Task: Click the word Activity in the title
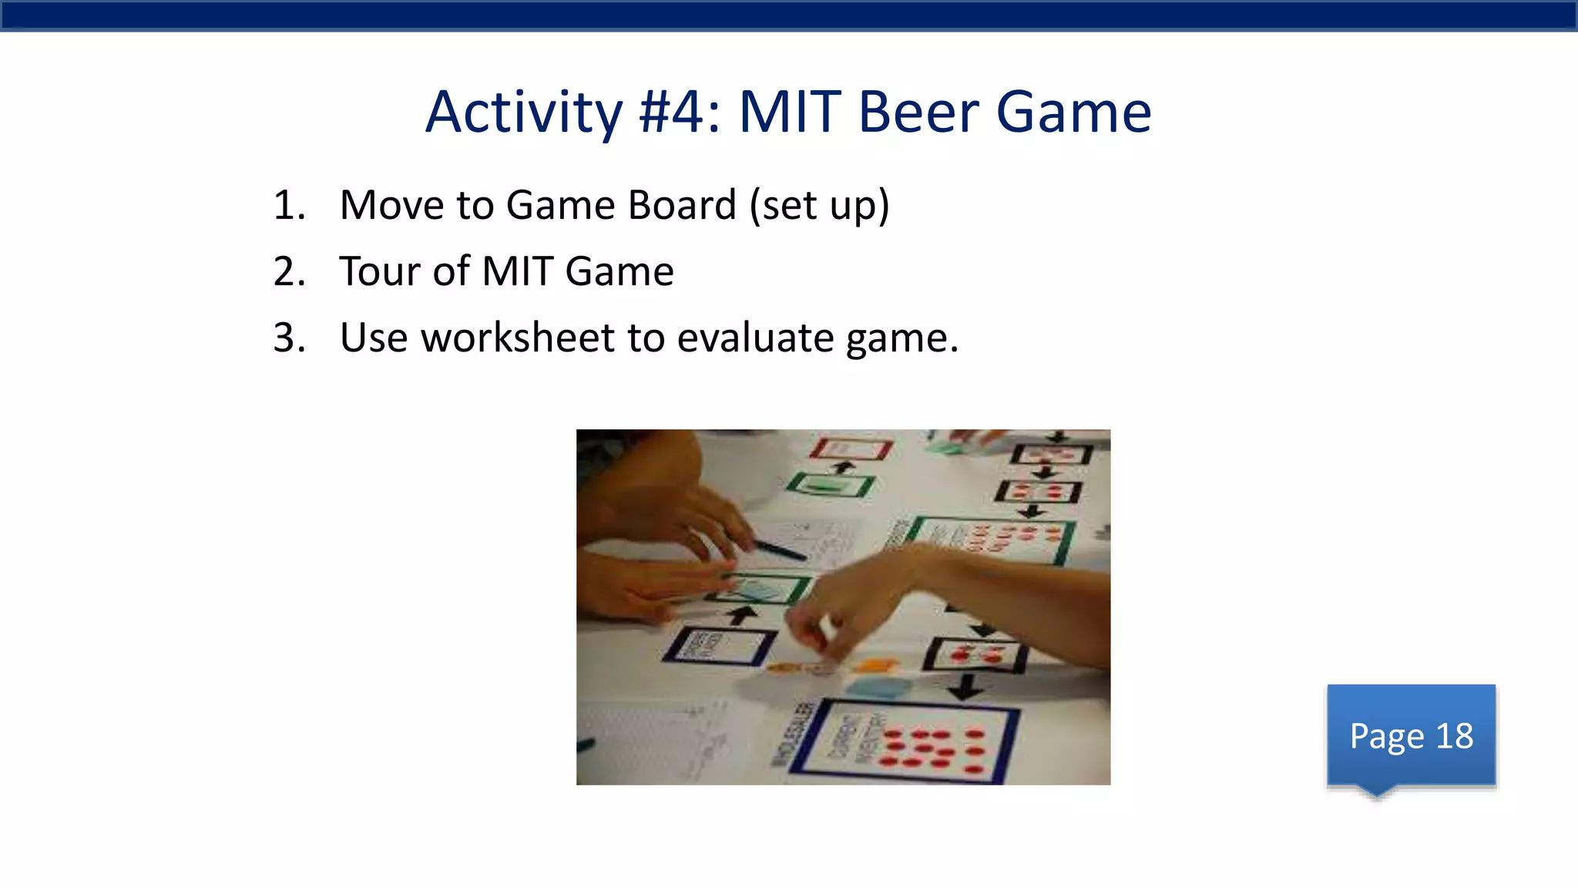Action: point(523,113)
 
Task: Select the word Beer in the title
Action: point(918,113)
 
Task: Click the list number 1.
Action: point(289,206)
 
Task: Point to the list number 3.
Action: point(289,338)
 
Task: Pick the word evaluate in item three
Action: point(754,338)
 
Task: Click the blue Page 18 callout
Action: point(1411,735)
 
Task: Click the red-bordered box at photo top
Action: point(851,448)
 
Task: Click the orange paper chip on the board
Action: point(875,664)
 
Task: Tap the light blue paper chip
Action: point(878,686)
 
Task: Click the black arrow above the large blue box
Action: point(965,686)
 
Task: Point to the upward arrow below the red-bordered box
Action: point(844,466)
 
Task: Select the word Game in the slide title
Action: point(1073,113)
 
